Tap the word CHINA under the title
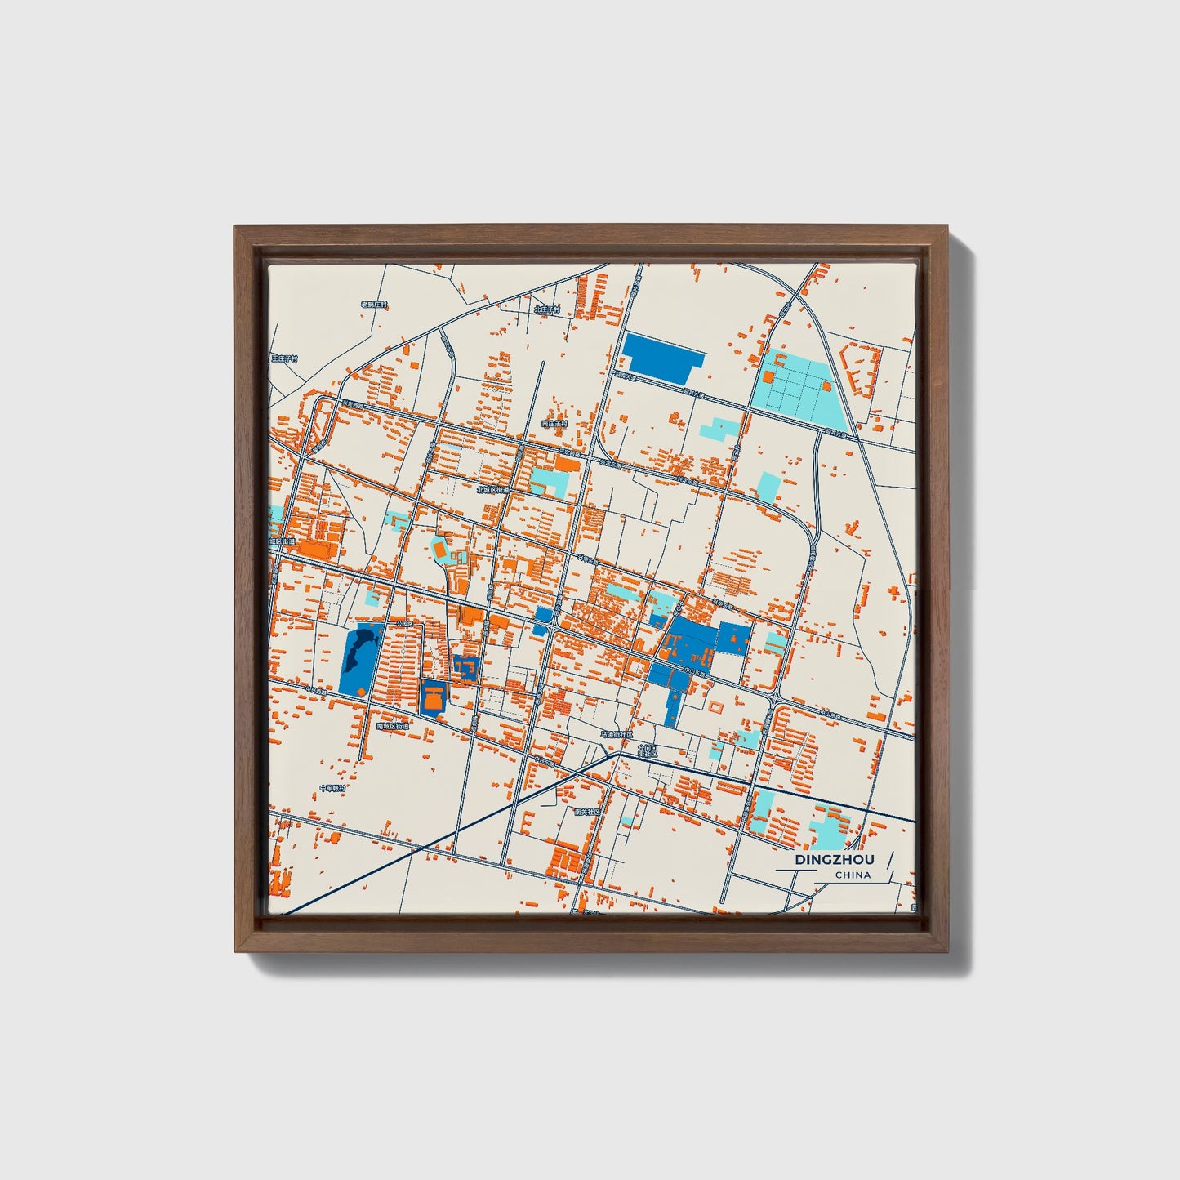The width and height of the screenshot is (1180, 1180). (853, 875)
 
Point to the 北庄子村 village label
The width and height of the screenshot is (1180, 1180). (547, 309)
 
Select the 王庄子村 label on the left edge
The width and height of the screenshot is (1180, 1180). (284, 358)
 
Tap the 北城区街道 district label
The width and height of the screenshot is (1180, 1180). (493, 490)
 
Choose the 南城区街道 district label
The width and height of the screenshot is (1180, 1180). (392, 725)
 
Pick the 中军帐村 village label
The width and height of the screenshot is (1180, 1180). (332, 788)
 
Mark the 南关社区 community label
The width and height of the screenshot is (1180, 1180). (586, 812)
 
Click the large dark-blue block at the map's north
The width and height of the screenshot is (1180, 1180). (662, 357)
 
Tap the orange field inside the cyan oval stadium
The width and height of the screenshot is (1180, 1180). (441, 551)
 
